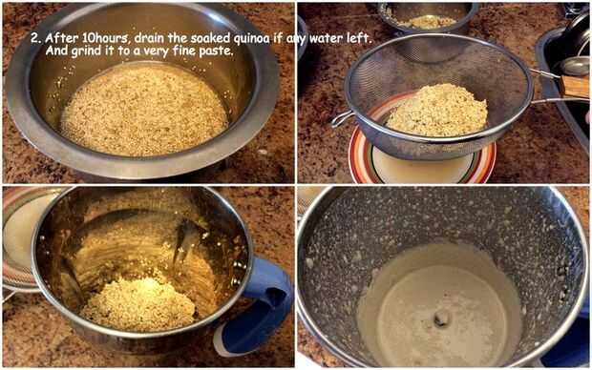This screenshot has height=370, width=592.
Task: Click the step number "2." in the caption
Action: coord(35,38)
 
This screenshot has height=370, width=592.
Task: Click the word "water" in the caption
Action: coord(327,38)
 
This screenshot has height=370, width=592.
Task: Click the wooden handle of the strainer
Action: coord(574,86)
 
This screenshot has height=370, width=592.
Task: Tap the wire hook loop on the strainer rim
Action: coord(342,119)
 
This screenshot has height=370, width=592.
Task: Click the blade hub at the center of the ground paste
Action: coord(441,319)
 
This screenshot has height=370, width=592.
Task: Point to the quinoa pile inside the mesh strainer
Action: coord(436,110)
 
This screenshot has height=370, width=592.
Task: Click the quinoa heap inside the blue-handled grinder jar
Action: coord(138,304)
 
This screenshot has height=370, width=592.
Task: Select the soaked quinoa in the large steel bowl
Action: coord(144,111)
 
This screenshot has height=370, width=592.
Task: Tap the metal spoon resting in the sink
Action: coord(574,66)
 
